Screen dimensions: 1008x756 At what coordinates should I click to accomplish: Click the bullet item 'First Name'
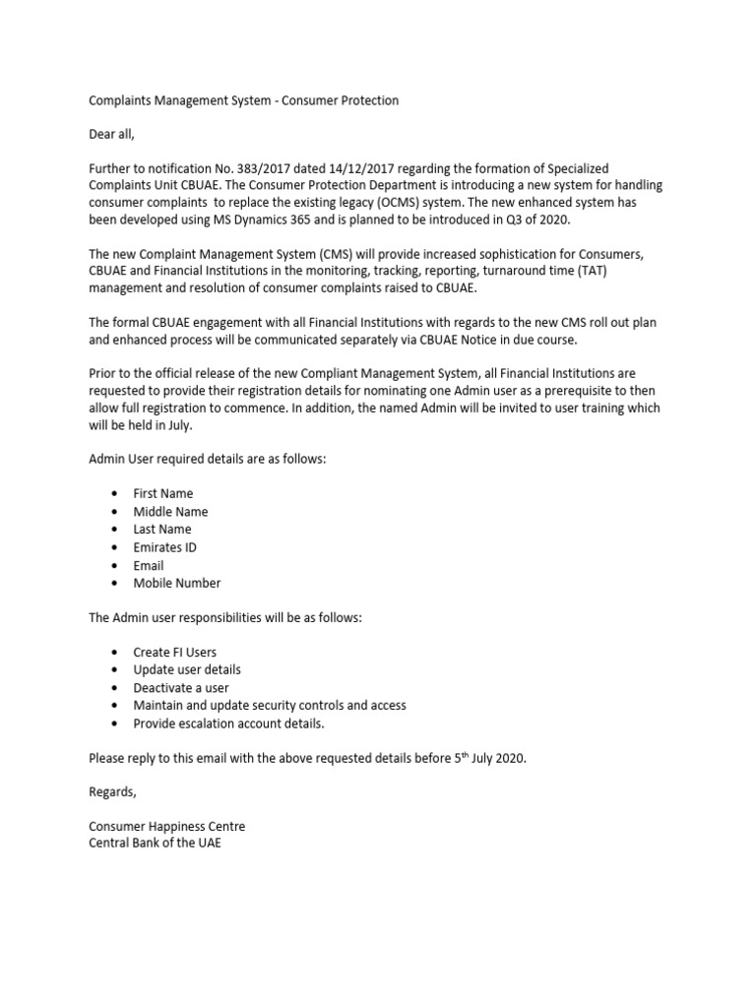(x=163, y=493)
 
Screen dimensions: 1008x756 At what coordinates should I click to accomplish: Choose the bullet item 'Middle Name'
(x=170, y=512)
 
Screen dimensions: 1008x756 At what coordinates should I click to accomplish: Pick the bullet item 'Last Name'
(x=162, y=530)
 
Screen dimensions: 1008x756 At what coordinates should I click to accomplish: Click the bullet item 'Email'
(x=149, y=566)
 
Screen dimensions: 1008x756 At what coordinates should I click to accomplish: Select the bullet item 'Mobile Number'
(x=177, y=584)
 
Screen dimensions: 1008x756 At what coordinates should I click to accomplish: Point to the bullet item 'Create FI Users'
(x=175, y=652)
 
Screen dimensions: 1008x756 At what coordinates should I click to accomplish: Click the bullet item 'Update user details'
(x=187, y=669)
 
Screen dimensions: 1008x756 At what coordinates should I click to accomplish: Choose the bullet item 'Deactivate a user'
(x=181, y=687)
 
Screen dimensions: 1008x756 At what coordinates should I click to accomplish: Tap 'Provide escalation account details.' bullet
(x=228, y=724)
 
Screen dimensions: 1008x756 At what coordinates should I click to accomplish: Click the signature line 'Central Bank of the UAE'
(x=156, y=844)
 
